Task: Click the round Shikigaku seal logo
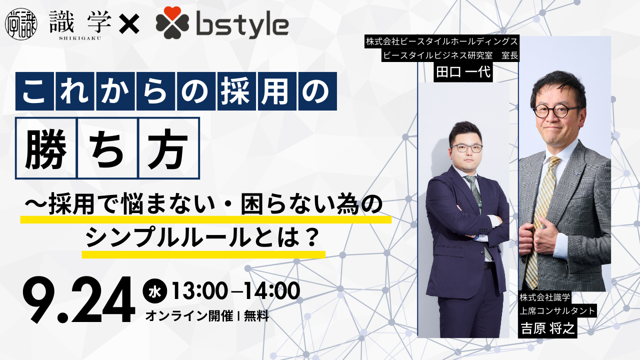pyautogui.click(x=21, y=24)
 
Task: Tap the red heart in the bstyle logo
pyautogui.click(x=172, y=13)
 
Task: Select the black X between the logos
pyautogui.click(x=129, y=24)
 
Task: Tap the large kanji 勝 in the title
pyautogui.click(x=46, y=148)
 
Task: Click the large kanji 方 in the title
pyautogui.click(x=167, y=148)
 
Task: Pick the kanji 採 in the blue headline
pyautogui.click(x=236, y=91)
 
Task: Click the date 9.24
pyautogui.click(x=79, y=300)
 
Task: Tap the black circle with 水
pyautogui.click(x=154, y=291)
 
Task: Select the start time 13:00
pyautogui.click(x=199, y=291)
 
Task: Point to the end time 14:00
pyautogui.click(x=271, y=291)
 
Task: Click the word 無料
pyautogui.click(x=256, y=316)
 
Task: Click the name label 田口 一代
pyautogui.click(x=463, y=71)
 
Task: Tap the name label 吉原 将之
pyautogui.click(x=547, y=328)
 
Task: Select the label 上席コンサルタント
pyautogui.click(x=557, y=310)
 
